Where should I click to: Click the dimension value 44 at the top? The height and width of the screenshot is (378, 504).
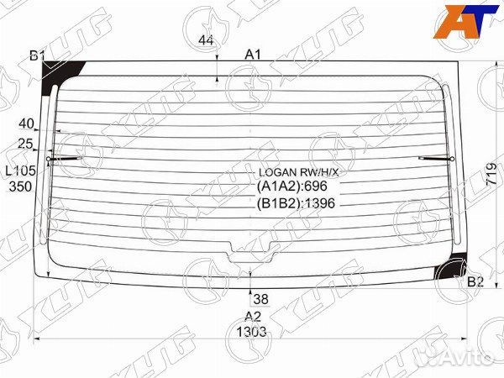point(206,40)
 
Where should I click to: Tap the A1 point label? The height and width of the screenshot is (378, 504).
point(253,55)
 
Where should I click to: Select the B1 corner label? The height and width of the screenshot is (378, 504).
point(37,56)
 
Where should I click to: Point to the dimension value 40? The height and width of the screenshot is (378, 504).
point(26,123)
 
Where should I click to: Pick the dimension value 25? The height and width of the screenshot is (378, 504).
point(25,144)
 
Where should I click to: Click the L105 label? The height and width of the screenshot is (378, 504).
point(21,171)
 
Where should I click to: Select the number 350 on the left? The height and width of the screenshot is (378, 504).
point(20,186)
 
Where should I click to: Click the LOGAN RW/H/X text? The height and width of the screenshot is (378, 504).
point(298,172)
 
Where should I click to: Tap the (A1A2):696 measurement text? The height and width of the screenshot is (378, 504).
point(291,186)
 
